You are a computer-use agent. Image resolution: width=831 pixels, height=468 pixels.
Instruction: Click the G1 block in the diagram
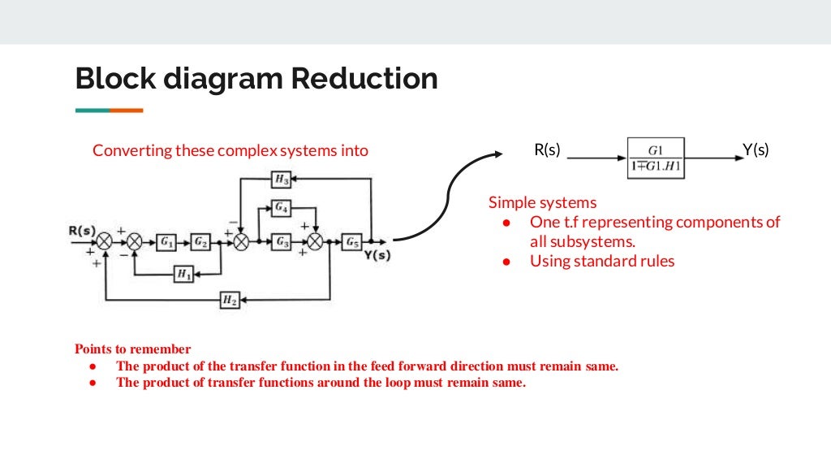166,241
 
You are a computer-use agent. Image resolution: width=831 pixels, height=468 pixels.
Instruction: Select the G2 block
200,241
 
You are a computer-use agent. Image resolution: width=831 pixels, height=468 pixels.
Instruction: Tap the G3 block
281,241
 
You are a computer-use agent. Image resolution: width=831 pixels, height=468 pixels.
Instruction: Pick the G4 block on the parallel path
281,208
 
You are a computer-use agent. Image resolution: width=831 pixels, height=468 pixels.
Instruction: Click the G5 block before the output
351,241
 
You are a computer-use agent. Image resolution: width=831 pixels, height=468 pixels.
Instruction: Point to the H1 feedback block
184,275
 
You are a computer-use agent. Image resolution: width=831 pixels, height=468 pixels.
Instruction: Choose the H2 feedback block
230,300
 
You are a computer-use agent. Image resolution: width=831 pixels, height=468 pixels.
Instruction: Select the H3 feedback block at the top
281,179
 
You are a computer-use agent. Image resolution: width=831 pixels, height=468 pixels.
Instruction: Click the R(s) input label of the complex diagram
82,230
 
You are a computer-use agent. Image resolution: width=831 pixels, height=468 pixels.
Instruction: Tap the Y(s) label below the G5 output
377,255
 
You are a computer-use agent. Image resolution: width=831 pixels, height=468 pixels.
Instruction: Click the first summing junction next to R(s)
105,241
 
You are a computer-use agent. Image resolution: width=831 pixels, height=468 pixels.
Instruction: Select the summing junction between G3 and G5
316,241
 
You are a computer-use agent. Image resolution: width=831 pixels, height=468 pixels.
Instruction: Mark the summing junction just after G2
240,241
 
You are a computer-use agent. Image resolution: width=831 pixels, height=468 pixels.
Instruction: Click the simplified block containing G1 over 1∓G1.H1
656,158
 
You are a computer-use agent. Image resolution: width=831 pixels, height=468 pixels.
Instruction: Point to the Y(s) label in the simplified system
756,150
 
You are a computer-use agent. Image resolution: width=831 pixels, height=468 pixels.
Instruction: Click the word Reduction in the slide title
364,79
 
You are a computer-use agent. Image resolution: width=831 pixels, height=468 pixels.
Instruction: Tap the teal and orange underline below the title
109,110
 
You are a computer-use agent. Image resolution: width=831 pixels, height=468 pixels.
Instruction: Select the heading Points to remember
133,349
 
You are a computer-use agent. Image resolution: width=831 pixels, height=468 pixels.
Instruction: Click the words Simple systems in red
542,202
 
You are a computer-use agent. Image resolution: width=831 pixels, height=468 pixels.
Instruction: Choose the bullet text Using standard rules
602,261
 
